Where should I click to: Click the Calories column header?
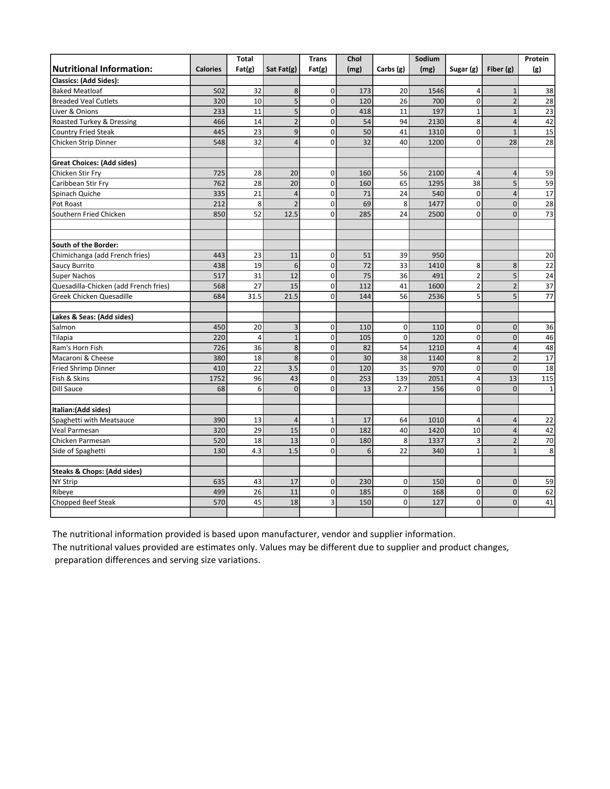tap(208, 69)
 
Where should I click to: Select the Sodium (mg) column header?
tap(427, 64)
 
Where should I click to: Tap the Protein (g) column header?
tap(536, 64)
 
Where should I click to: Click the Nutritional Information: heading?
tap(102, 69)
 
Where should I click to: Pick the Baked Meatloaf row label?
tap(77, 91)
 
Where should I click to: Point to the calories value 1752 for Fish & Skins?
tap(217, 378)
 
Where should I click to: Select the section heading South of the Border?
tap(85, 245)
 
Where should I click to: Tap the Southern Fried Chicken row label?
tap(89, 214)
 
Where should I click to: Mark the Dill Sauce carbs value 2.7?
tap(402, 389)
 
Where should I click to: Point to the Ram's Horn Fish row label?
tap(77, 348)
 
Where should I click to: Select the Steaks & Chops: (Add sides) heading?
tap(97, 471)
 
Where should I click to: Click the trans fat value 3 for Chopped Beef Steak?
tap(332, 502)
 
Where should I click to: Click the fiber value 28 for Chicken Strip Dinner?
tap(513, 142)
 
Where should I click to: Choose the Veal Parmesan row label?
tap(76, 430)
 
